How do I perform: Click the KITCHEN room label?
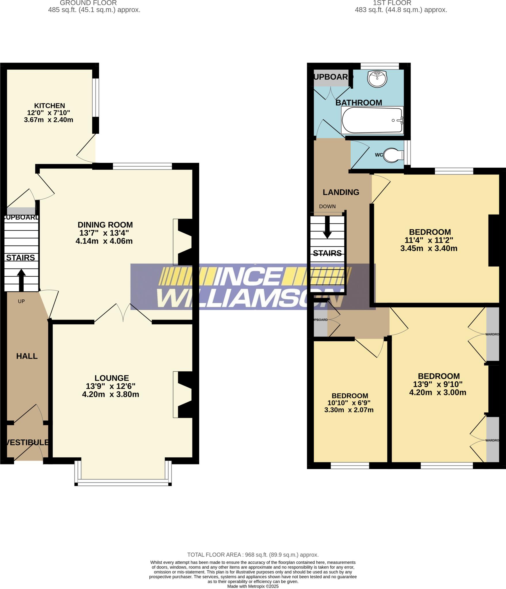(50, 106)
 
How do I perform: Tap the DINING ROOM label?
(105, 225)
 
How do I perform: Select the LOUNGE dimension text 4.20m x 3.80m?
(111, 394)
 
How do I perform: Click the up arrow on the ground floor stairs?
(21, 280)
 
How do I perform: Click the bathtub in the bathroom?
(372, 121)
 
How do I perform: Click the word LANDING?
(341, 192)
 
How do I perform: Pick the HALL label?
(27, 356)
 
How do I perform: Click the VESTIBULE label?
(27, 442)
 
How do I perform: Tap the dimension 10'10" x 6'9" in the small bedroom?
(349, 403)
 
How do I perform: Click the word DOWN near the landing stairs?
(327, 206)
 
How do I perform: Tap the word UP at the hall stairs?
(21, 301)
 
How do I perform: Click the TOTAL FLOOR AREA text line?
(253, 555)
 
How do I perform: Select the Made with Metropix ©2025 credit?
(253, 586)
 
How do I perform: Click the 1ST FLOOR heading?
(392, 3)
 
